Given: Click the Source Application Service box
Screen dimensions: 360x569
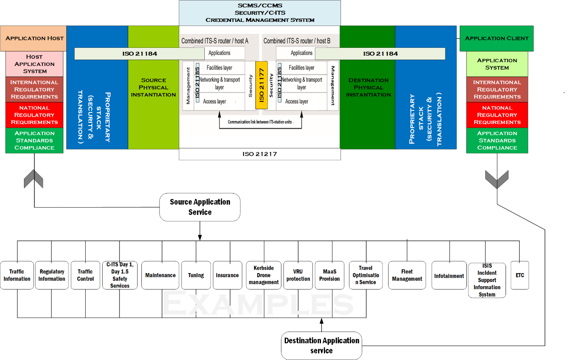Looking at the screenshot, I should pos(200,207).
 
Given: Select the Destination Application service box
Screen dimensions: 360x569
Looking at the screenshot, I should pos(321,346).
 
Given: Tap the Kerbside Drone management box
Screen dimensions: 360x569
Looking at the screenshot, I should pos(264,275).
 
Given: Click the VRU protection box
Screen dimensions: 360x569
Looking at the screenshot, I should pos(298,275).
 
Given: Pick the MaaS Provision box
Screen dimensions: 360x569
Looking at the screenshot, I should pos(330,275).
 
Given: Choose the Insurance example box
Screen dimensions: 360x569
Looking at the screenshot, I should pos(227,275).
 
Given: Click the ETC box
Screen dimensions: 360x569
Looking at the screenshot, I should pos(520,275).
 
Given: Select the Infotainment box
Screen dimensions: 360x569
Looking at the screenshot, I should pos(449,276).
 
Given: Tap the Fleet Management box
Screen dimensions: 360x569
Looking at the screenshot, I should pos(407,275).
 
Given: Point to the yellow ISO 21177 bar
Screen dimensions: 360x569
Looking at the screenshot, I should pos(262,85).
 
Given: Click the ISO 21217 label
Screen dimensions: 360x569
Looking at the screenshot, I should pos(260,154).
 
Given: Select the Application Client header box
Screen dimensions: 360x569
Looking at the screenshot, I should pos(496,38).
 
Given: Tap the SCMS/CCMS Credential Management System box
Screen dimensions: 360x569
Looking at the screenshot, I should pos(260,13).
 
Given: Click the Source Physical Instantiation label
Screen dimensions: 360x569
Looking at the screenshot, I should pos(153,87).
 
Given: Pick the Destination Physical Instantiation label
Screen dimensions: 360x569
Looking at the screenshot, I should pos(368,87).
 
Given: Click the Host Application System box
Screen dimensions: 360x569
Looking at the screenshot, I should pos(35,64).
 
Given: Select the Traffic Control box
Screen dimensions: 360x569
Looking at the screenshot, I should pos(85,275).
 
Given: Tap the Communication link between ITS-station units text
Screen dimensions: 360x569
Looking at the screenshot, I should pos(260,122).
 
